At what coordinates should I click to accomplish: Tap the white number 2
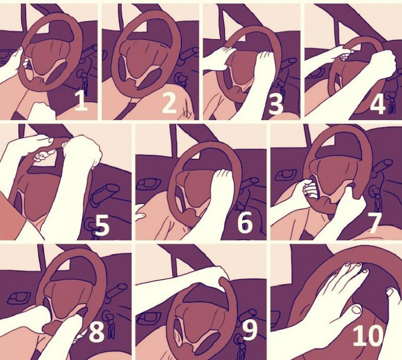coord(169,102)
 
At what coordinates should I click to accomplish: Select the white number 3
coord(276,103)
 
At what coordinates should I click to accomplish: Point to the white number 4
coord(378,103)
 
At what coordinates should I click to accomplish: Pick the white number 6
coord(245,222)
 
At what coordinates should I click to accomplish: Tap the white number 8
coord(97,331)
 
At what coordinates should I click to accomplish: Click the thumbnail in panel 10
coord(357,309)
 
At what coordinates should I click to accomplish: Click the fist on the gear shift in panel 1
coord(42,111)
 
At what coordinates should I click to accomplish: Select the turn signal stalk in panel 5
coord(105,193)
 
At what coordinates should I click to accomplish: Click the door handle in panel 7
coord(284,175)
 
